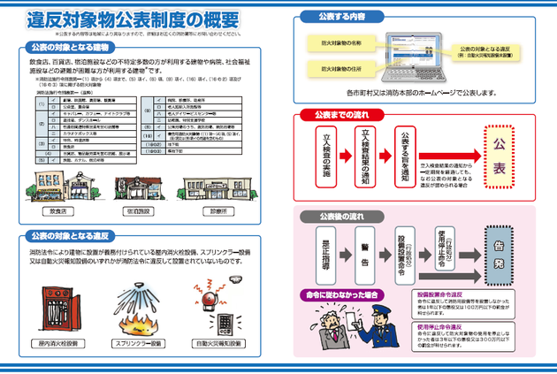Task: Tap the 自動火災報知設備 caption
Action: tap(217, 341)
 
